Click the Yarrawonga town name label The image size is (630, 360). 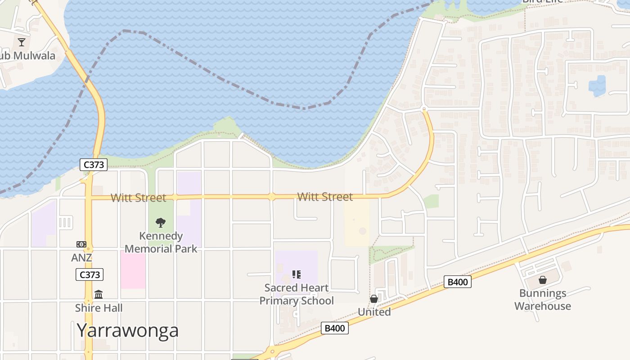127,330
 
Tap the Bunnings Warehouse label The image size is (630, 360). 543,300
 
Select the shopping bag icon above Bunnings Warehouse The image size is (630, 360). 543,280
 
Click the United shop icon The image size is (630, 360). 374,299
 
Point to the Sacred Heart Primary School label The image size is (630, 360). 297,294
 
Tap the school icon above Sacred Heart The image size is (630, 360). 296,274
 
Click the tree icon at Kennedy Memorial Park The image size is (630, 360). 161,222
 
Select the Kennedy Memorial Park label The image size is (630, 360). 161,242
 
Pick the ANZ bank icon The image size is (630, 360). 81,244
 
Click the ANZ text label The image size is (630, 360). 81,258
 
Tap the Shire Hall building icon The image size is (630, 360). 99,294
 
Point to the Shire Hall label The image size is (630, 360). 99,308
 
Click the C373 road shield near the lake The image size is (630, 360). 94,165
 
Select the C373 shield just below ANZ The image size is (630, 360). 90,274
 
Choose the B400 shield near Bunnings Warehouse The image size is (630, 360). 458,282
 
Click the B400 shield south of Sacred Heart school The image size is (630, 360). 335,328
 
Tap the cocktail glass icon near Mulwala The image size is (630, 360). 22,42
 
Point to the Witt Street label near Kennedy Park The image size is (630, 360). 138,198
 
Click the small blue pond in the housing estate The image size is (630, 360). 597,85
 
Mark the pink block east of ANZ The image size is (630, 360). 133,270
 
